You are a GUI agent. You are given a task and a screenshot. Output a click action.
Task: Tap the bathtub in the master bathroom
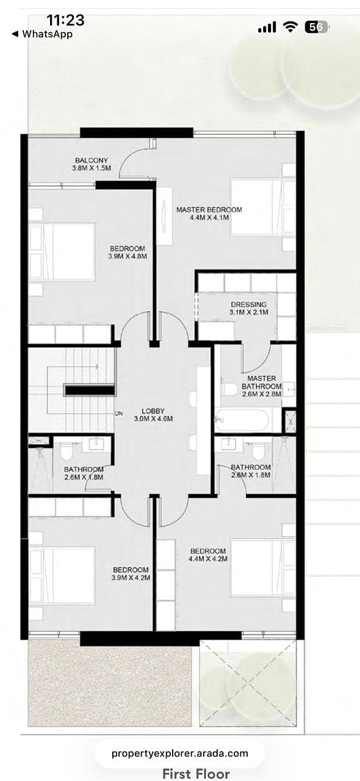[x=242, y=420]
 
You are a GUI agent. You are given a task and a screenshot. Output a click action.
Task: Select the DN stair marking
[x=119, y=414]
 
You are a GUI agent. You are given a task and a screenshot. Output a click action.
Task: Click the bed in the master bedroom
[x=263, y=206]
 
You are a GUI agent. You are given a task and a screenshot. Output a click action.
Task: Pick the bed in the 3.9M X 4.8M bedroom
[x=62, y=252]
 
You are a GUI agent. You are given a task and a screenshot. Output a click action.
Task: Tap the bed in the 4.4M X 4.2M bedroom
[x=263, y=568]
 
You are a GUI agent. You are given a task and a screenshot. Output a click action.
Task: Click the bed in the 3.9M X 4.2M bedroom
[x=62, y=575]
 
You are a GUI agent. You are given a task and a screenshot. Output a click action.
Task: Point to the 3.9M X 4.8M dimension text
[x=128, y=256]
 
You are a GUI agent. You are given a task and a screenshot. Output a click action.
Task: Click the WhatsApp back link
[x=42, y=34]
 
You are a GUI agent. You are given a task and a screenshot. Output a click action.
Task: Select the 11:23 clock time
[x=65, y=20]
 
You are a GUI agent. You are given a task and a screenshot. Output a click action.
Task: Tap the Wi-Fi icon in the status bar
[x=290, y=27]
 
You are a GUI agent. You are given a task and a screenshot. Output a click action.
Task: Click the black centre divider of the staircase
[x=90, y=390]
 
